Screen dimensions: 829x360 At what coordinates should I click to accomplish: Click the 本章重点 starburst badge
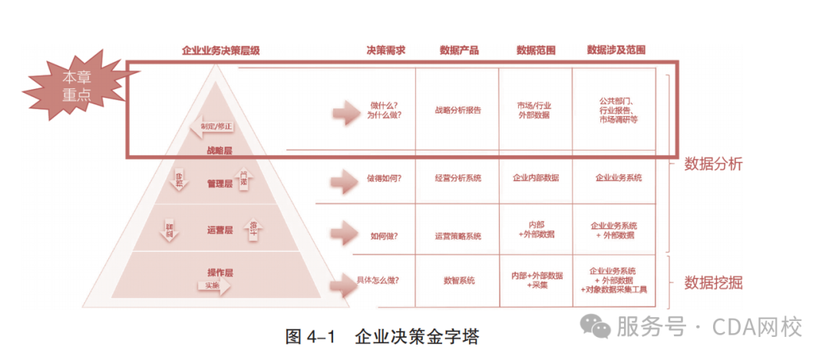77,87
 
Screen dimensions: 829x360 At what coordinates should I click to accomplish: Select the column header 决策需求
385,51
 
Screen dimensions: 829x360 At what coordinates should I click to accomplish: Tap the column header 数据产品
459,51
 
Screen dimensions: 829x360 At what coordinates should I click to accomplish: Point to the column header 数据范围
536,51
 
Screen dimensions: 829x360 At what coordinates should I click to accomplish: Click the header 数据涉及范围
616,51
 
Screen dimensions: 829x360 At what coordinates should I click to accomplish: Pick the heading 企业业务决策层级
220,51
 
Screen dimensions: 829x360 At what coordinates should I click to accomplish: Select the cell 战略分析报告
457,111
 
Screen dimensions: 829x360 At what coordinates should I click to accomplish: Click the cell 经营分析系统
457,178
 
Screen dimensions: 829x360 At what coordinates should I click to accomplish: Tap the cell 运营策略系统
457,236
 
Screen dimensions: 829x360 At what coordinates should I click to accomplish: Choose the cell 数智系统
459,280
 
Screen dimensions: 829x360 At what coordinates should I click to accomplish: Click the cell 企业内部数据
536,178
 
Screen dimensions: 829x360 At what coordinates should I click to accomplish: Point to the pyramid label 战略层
220,150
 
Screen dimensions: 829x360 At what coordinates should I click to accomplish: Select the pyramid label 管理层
220,184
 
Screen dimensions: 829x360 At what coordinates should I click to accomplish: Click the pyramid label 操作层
220,272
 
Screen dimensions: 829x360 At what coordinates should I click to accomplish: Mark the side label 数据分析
713,164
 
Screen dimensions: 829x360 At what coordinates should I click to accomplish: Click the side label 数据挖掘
713,282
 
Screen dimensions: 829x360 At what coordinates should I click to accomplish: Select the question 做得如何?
385,178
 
